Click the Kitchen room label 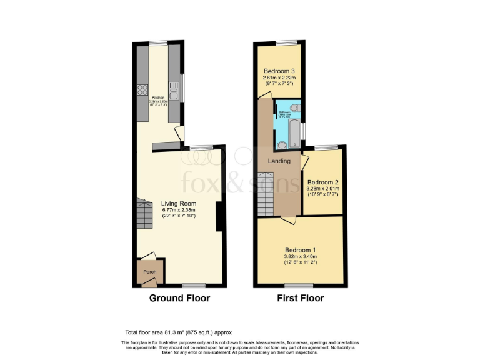[x=157, y=97]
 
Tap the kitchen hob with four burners [x=142, y=89]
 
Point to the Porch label [x=150, y=272]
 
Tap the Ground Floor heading [x=179, y=298]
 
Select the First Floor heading [x=301, y=298]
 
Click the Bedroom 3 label [x=279, y=70]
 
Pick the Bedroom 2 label [x=322, y=176]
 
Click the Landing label [x=279, y=161]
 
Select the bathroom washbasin [x=281, y=145]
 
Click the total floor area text [x=178, y=332]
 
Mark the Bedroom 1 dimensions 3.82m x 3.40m [x=301, y=256]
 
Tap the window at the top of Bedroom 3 [x=287, y=42]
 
